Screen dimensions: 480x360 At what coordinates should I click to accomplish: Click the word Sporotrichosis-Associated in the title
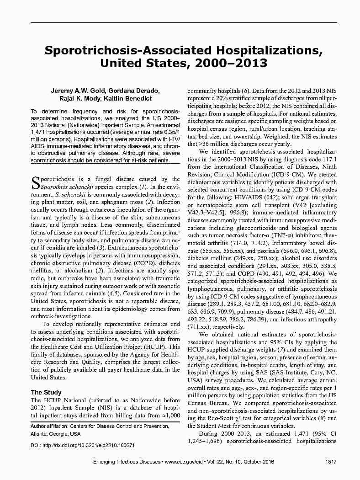click(x=123, y=50)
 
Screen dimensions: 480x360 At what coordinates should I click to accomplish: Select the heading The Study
click(x=46, y=392)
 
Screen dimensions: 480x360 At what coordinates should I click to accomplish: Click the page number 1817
click(x=331, y=462)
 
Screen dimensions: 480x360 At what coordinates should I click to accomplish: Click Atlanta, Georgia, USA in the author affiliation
click(x=55, y=434)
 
